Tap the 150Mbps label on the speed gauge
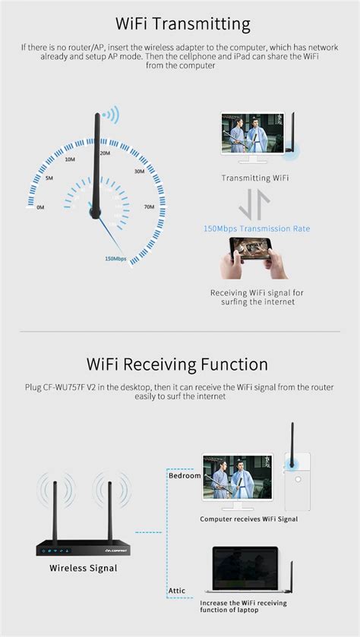click(x=115, y=258)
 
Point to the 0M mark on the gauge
click(x=40, y=207)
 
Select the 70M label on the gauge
click(x=149, y=207)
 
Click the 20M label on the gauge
click(x=106, y=153)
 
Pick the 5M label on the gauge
click(x=49, y=178)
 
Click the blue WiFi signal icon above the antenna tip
click(x=112, y=115)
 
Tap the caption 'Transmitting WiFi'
click(x=255, y=178)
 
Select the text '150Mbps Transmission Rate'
click(x=257, y=229)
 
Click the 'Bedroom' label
click(x=185, y=475)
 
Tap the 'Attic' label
click(x=178, y=589)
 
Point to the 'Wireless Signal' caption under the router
click(x=84, y=567)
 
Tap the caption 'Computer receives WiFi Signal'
click(x=249, y=519)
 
